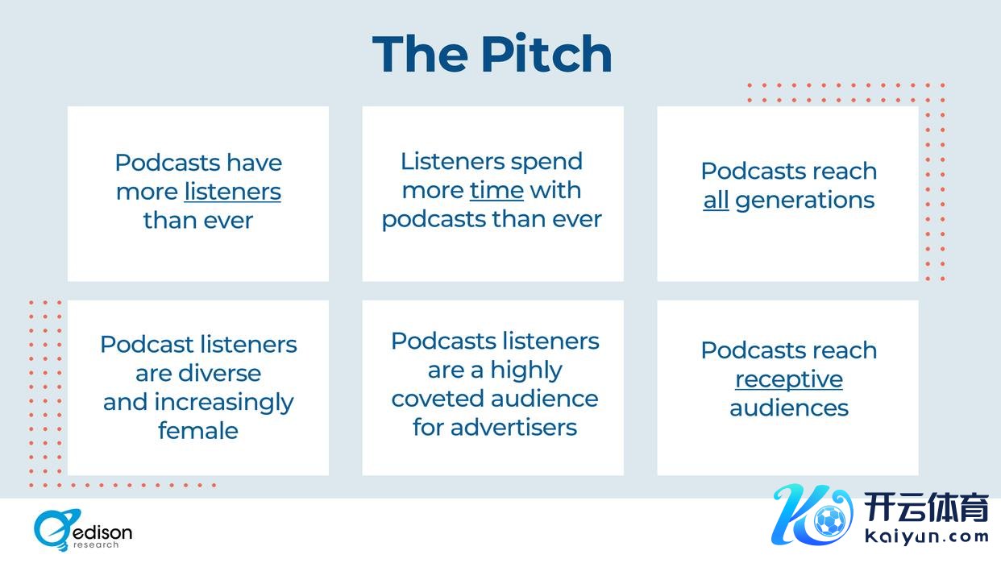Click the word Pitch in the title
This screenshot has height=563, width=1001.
546,54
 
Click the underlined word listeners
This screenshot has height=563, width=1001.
232,192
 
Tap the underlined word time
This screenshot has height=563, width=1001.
496,191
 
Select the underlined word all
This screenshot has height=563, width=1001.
716,200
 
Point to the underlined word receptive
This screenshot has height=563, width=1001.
789,380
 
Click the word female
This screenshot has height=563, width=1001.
198,430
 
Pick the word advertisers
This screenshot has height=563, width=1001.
513,427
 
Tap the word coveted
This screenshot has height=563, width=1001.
437,399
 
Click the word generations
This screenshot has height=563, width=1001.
805,200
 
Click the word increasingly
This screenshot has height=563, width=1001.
223,403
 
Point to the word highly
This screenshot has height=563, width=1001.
526,371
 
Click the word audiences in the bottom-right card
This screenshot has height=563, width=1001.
789,408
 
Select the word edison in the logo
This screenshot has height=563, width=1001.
102,532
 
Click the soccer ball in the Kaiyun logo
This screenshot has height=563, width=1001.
830,520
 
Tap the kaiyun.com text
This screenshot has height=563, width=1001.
926,537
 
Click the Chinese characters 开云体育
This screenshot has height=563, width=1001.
925,507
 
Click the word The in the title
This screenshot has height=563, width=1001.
420,54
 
